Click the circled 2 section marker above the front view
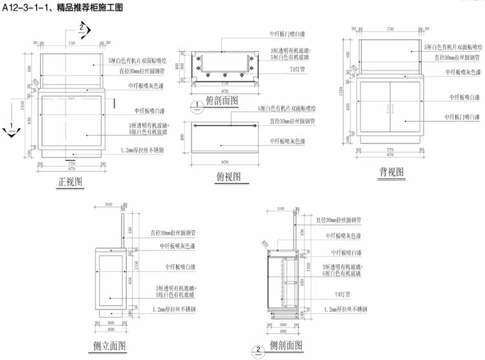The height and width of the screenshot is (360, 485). (82, 27)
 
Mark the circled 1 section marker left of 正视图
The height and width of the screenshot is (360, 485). (9, 131)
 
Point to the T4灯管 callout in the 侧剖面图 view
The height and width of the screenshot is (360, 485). (343, 294)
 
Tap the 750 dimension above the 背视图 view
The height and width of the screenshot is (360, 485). (390, 30)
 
